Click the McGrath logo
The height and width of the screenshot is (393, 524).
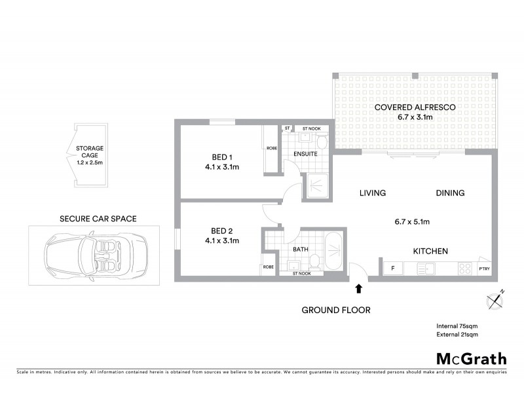[472, 358]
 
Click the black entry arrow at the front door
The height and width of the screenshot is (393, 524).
[358, 288]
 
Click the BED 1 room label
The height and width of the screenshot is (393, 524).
[222, 162]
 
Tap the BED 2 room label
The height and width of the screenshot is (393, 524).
[222, 235]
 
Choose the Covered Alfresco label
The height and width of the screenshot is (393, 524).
[415, 111]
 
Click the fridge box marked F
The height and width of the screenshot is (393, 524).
[393, 269]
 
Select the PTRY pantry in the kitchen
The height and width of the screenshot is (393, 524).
[484, 269]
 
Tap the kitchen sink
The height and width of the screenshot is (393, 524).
[428, 268]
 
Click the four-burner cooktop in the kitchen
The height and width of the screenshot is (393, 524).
[464, 268]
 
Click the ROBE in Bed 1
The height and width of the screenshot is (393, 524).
[271, 148]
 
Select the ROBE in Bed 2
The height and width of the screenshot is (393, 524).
[269, 267]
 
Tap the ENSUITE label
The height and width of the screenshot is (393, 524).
[305, 154]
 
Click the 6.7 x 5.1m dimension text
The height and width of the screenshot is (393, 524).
[412, 222]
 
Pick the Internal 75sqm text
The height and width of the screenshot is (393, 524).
[457, 326]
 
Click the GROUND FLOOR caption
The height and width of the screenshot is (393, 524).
[336, 310]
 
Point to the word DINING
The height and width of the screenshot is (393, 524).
[450, 193]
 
